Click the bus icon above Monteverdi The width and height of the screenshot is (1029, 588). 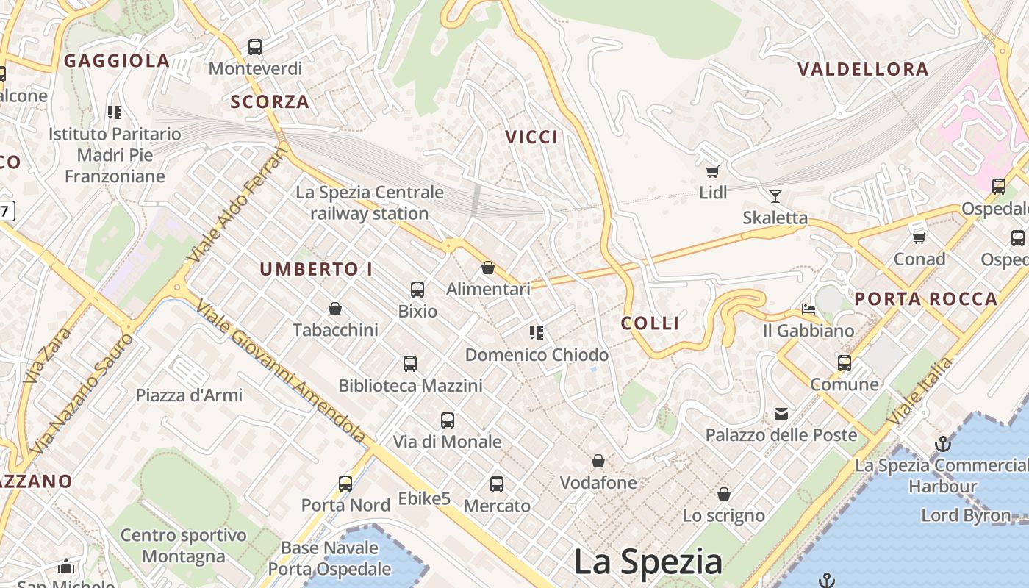click(x=255, y=47)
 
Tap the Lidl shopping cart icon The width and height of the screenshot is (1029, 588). click(x=711, y=171)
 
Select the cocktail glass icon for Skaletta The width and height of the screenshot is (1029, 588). click(x=775, y=196)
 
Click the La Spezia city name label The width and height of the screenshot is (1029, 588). click(x=648, y=562)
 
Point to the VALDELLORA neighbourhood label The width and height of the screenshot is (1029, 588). click(x=863, y=69)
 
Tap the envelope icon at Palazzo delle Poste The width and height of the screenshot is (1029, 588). click(x=781, y=414)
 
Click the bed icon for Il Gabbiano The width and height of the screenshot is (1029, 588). click(x=808, y=309)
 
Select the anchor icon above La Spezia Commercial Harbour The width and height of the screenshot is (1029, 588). click(x=942, y=444)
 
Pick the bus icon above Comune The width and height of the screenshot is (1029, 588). click(x=844, y=362)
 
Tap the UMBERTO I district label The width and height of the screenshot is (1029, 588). click(x=316, y=269)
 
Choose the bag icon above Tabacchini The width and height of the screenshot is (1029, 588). click(x=335, y=309)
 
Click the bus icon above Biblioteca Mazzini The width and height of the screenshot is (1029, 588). click(x=410, y=364)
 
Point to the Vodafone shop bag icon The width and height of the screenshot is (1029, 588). click(x=598, y=462)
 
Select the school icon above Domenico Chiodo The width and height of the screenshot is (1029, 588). click(x=537, y=333)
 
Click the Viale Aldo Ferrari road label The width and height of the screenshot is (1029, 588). click(x=237, y=204)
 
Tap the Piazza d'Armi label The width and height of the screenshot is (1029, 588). click(x=189, y=395)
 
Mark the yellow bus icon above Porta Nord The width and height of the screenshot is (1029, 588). click(x=345, y=484)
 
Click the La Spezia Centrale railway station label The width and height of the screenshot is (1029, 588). click(x=370, y=203)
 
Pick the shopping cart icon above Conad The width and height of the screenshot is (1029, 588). click(x=919, y=237)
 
